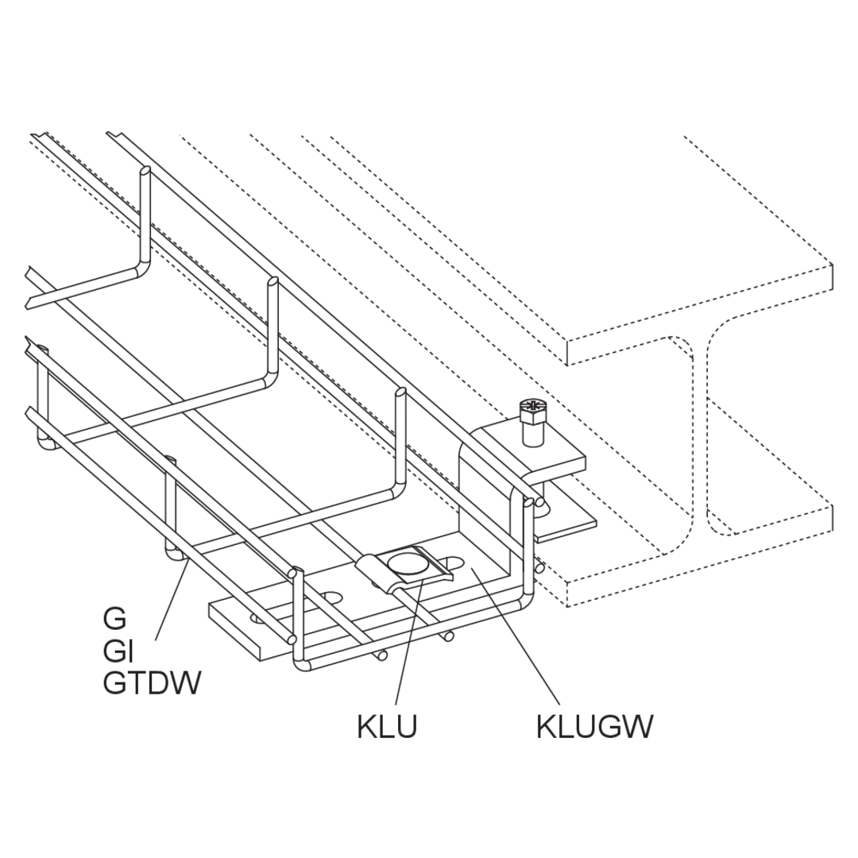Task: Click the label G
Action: coord(114,619)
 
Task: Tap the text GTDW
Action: coord(153,683)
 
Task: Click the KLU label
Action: coord(387,728)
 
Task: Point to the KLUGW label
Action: coord(595,728)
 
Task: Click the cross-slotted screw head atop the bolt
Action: coord(531,405)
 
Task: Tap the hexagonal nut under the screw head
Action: coord(531,419)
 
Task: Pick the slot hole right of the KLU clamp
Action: coord(454,563)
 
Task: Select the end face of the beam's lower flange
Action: coord(701,556)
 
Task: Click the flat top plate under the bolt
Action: coord(528,446)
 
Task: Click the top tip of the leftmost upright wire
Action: coord(145,170)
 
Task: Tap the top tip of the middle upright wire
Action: coord(272,281)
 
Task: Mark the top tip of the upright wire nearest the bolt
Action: coord(401,392)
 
